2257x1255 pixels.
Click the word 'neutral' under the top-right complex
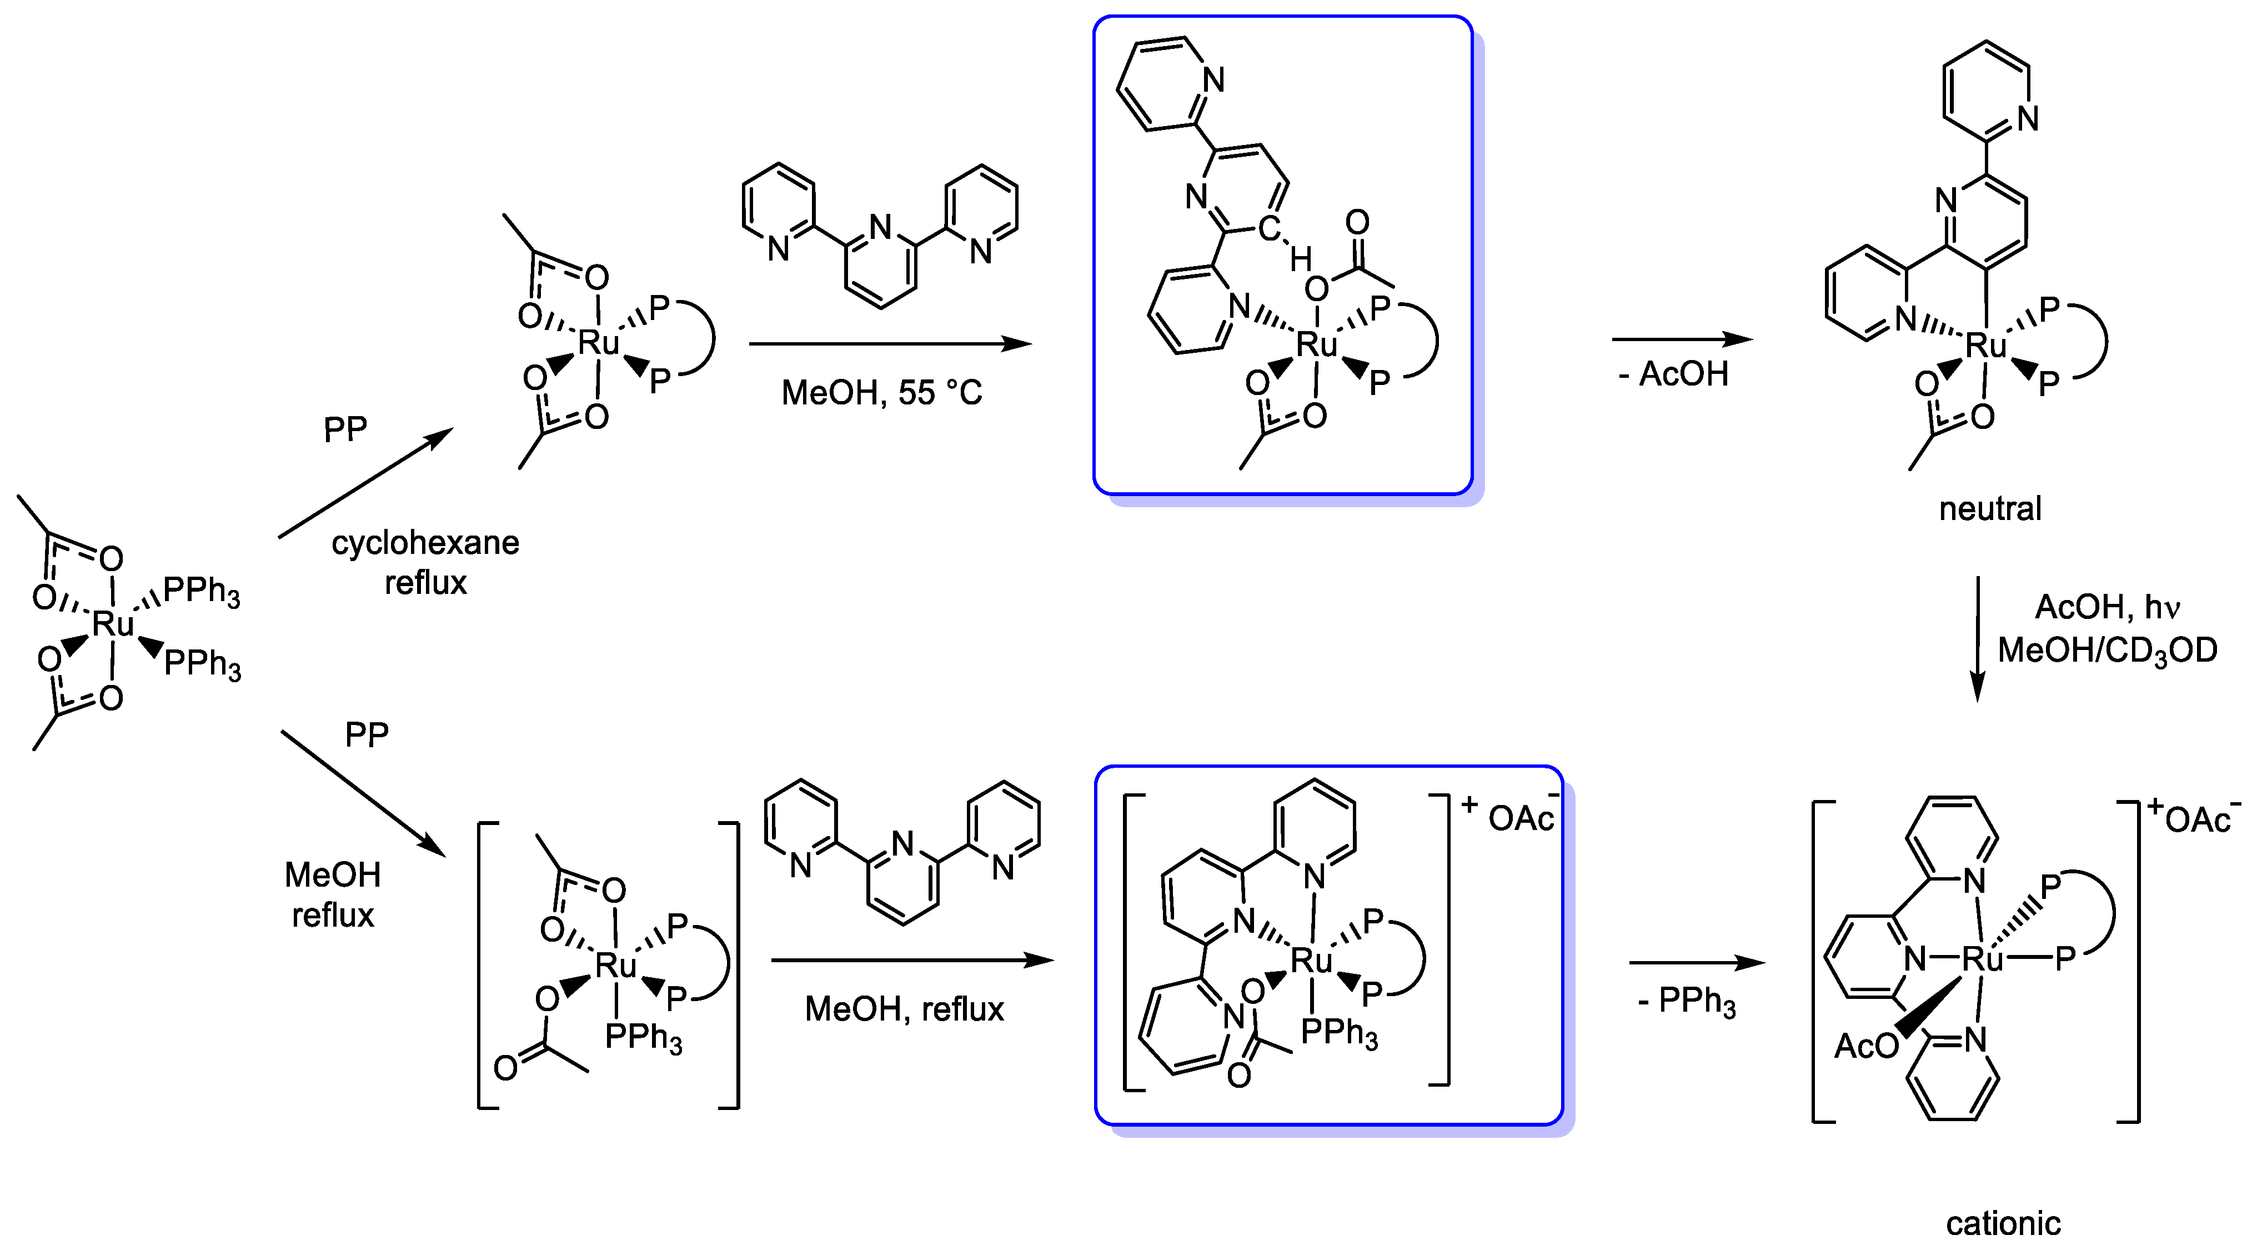(x=1990, y=508)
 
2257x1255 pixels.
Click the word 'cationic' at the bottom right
(x=2003, y=1223)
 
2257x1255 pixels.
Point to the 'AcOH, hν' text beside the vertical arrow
(x=2107, y=607)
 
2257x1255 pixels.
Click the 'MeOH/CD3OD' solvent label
(x=2107, y=651)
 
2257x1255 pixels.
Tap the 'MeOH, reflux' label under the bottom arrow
(x=904, y=1009)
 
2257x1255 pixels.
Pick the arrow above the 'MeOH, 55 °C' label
(x=889, y=343)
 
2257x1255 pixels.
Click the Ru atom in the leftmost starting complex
(x=113, y=624)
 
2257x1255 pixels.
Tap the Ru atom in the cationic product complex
(x=1983, y=959)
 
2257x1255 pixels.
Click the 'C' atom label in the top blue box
(x=1268, y=229)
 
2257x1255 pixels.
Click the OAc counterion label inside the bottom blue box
(x=1522, y=818)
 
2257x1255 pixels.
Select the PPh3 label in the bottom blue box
(x=1339, y=1032)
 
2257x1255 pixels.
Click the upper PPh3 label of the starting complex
(x=202, y=592)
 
